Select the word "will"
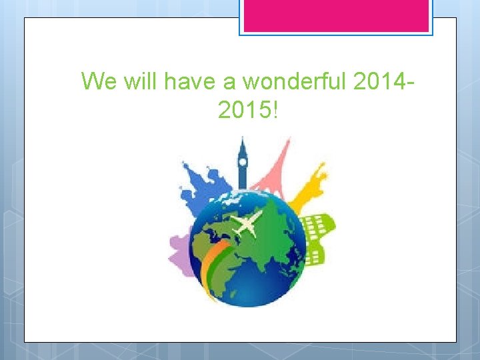point(139,81)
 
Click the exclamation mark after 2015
point(274,110)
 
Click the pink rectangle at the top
point(336,16)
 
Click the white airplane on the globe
point(247,224)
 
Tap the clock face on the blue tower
point(243,161)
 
